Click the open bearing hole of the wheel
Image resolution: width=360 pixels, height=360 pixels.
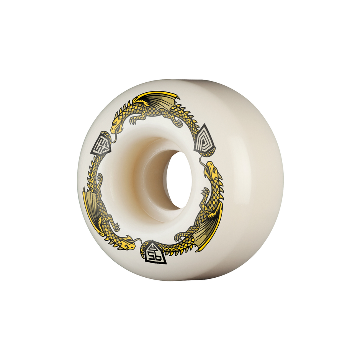coord(179,179)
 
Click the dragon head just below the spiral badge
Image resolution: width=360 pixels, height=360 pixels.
coord(210,170)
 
